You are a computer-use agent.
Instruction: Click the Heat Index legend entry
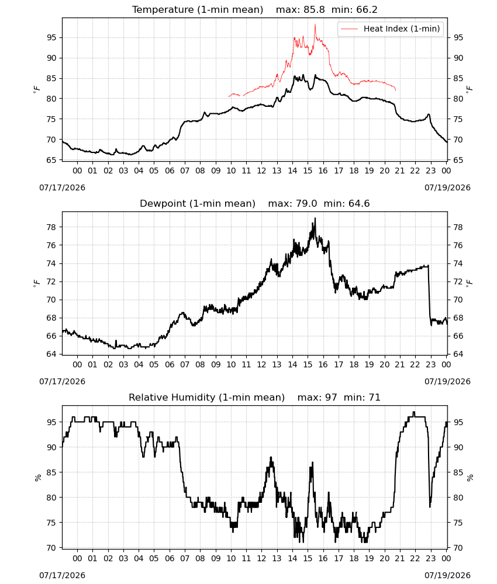pyautogui.click(x=391, y=29)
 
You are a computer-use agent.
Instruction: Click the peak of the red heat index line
pyautogui.click(x=315, y=25)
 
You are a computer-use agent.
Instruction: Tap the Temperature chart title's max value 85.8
pyautogui.click(x=314, y=10)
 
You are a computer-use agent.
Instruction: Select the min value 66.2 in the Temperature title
pyautogui.click(x=367, y=10)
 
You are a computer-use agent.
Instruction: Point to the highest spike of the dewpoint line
pyautogui.click(x=315, y=218)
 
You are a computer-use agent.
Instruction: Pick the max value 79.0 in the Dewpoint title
pyautogui.click(x=306, y=204)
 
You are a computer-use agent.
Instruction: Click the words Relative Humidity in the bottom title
pyautogui.click(x=172, y=398)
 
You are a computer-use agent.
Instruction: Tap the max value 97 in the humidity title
pyautogui.click(x=331, y=398)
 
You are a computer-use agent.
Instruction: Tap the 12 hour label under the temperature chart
pyautogui.click(x=261, y=171)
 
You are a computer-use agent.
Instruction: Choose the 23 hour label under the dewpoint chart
pyautogui.click(x=430, y=364)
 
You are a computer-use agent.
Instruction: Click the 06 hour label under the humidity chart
pyautogui.click(x=170, y=559)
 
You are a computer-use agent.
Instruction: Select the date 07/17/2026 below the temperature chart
pyautogui.click(x=62, y=187)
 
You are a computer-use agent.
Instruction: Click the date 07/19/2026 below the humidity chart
pyautogui.click(x=447, y=575)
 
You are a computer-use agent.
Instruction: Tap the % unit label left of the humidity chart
pyautogui.click(x=38, y=478)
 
